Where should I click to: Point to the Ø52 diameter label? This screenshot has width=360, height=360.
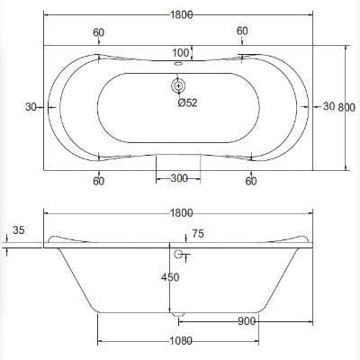pos(187,103)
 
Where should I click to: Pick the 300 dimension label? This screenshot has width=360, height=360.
pos(179,178)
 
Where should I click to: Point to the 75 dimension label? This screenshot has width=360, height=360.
pos(198,234)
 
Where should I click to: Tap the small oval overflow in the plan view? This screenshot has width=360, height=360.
pos(179,63)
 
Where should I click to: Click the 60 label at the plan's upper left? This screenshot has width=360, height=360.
pos(97,31)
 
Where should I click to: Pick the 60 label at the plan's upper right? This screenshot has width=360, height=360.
pos(242,31)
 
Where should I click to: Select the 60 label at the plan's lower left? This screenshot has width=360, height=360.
pos(97,180)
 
